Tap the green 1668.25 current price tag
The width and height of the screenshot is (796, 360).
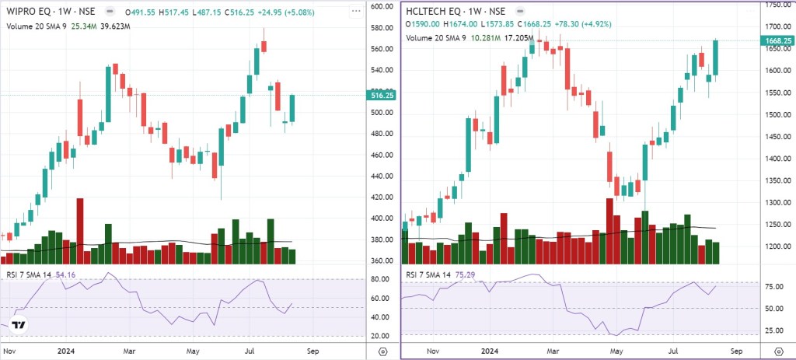pos(777,40)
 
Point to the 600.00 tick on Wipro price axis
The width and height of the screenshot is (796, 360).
pos(380,6)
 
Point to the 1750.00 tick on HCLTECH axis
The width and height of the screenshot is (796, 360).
pos(777,5)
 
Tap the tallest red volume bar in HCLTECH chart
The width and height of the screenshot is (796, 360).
pos(609,231)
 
